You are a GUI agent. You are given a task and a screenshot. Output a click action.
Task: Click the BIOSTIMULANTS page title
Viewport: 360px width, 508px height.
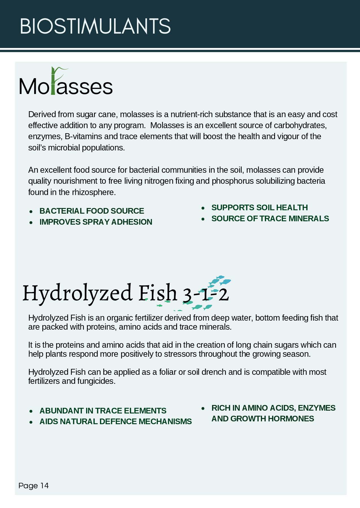pyautogui.click(x=95, y=26)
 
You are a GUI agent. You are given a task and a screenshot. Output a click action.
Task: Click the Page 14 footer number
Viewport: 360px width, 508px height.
pyautogui.click(x=33, y=485)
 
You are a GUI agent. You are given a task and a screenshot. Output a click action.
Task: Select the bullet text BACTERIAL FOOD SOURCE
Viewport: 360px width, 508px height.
pyautogui.click(x=91, y=211)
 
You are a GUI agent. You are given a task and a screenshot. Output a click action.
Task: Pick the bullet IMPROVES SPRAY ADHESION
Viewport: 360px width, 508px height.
pyautogui.click(x=96, y=222)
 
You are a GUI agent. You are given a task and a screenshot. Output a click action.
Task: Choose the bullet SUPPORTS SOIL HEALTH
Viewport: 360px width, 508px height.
pyautogui.click(x=259, y=207)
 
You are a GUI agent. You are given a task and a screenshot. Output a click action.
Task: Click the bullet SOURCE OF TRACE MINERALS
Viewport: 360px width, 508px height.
pyautogui.click(x=270, y=218)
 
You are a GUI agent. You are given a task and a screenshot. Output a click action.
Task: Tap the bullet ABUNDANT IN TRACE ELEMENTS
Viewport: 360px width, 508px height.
pyautogui.click(x=103, y=411)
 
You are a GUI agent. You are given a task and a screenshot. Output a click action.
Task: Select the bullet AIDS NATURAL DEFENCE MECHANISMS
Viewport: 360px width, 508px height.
pyautogui.click(x=115, y=421)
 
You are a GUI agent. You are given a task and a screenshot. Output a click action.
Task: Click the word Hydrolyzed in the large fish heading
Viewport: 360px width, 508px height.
pyautogui.click(x=77, y=294)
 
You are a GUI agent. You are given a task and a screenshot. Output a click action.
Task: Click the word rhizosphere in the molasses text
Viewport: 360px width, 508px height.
pyautogui.click(x=93, y=192)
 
